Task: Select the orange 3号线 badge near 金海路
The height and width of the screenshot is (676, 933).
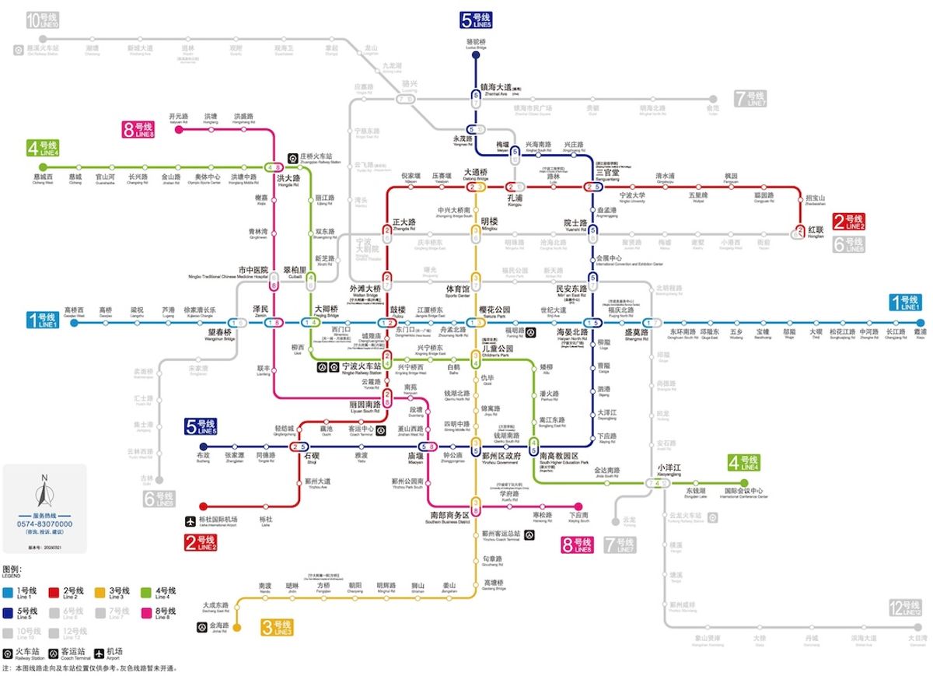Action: click(278, 627)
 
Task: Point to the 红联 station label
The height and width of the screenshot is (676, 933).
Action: click(816, 231)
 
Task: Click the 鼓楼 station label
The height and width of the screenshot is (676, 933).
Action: click(397, 310)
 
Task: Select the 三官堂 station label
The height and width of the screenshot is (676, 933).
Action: click(607, 173)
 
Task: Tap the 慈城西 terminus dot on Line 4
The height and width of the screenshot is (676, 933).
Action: click(43, 166)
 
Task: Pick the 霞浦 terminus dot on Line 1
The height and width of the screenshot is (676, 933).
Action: click(921, 323)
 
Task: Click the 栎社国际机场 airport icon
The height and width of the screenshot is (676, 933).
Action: click(191, 520)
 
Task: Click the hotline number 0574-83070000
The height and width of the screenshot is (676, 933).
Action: click(44, 524)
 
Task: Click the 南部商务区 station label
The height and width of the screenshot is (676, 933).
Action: click(449, 515)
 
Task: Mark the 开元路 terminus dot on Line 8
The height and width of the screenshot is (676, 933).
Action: click(179, 129)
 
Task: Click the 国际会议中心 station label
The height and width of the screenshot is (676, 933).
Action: click(744, 492)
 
